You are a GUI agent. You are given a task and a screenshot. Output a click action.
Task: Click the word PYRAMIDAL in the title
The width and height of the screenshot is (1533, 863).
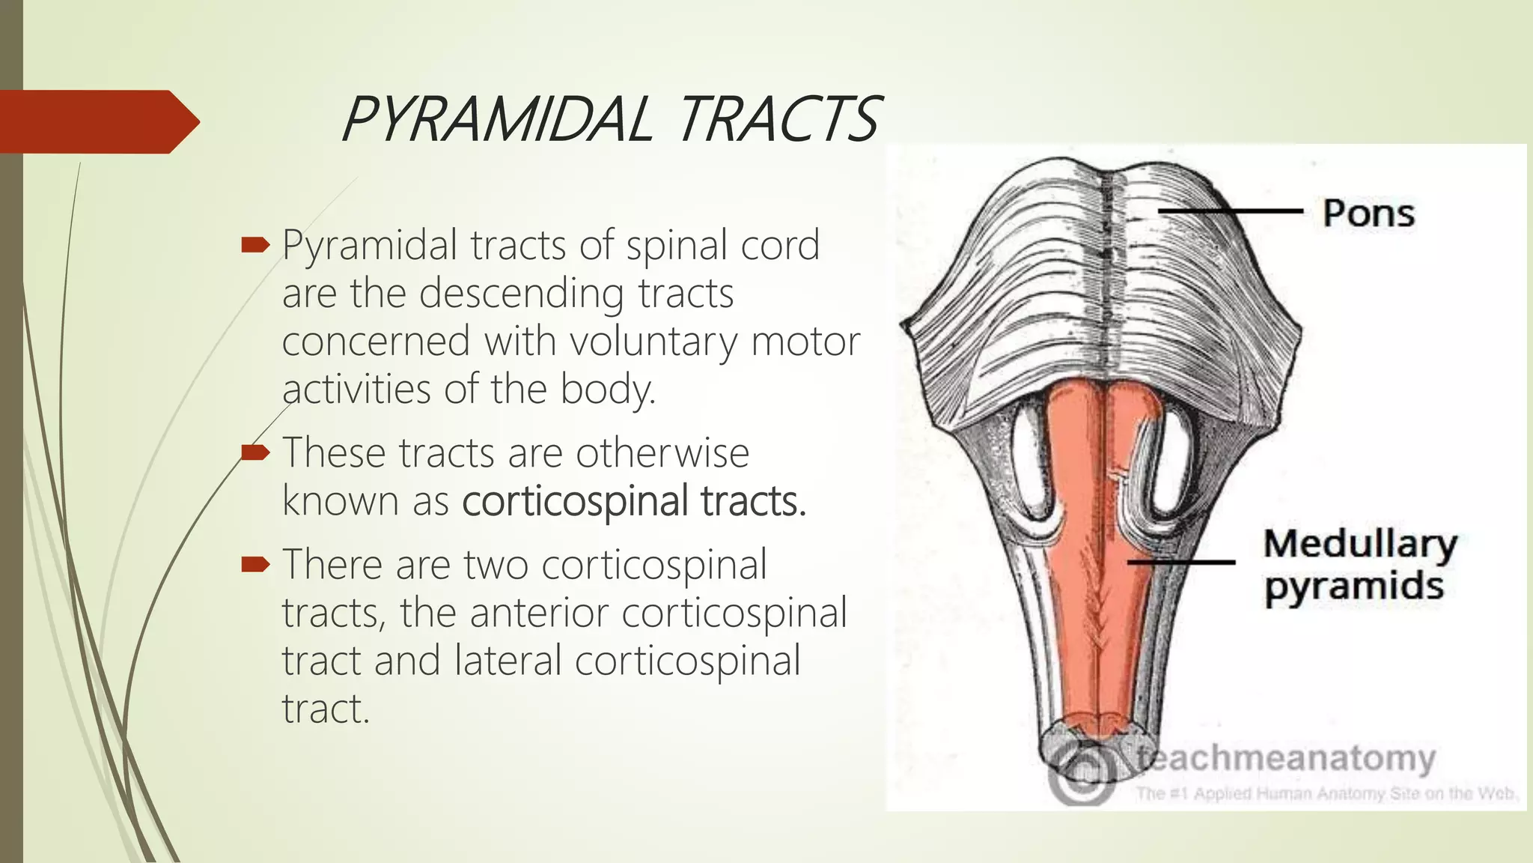[x=497, y=120]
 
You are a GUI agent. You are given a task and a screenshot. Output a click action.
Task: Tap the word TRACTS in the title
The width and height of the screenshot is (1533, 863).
[x=778, y=120]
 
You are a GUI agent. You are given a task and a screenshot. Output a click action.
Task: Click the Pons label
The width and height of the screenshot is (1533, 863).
[x=1368, y=214]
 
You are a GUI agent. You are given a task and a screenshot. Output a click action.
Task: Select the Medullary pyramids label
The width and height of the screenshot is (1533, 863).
[x=1359, y=565]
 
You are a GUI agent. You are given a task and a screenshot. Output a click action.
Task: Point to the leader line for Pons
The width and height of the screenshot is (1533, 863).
[x=1231, y=211]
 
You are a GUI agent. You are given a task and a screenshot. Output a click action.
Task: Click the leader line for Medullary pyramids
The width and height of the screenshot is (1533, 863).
[x=1181, y=561]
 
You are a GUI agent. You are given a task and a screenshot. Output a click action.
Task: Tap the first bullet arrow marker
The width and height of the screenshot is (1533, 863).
[x=255, y=245]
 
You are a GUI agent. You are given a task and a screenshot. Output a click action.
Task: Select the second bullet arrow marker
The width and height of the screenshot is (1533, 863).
[x=255, y=452]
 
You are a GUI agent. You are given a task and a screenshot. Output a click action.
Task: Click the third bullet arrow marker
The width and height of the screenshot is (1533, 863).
[x=255, y=563]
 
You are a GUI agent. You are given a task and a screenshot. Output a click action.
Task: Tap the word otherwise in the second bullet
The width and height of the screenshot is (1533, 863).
[x=662, y=453]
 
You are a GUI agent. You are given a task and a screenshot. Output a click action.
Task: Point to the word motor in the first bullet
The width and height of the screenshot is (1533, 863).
[x=805, y=342]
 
